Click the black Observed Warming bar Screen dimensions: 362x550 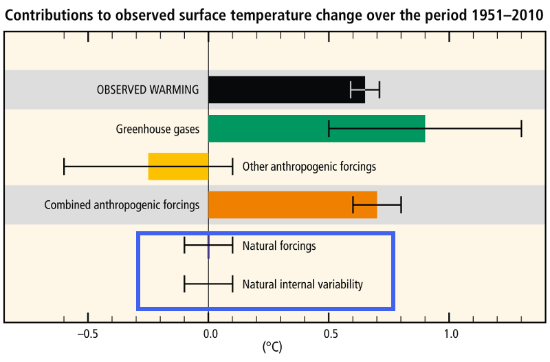286,89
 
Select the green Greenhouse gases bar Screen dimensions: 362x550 316,128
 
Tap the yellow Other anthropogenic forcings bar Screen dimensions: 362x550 178,167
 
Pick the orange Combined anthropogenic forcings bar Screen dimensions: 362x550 292,205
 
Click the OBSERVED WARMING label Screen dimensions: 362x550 148,89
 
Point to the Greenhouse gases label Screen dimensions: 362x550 157,128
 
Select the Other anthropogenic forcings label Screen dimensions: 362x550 309,167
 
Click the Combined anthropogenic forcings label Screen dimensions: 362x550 122,205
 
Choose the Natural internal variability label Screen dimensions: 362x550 302,284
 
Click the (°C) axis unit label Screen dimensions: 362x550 272,348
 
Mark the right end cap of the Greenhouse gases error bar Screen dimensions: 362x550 521,128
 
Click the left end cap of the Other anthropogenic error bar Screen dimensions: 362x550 64,167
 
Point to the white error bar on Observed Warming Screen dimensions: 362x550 365,89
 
